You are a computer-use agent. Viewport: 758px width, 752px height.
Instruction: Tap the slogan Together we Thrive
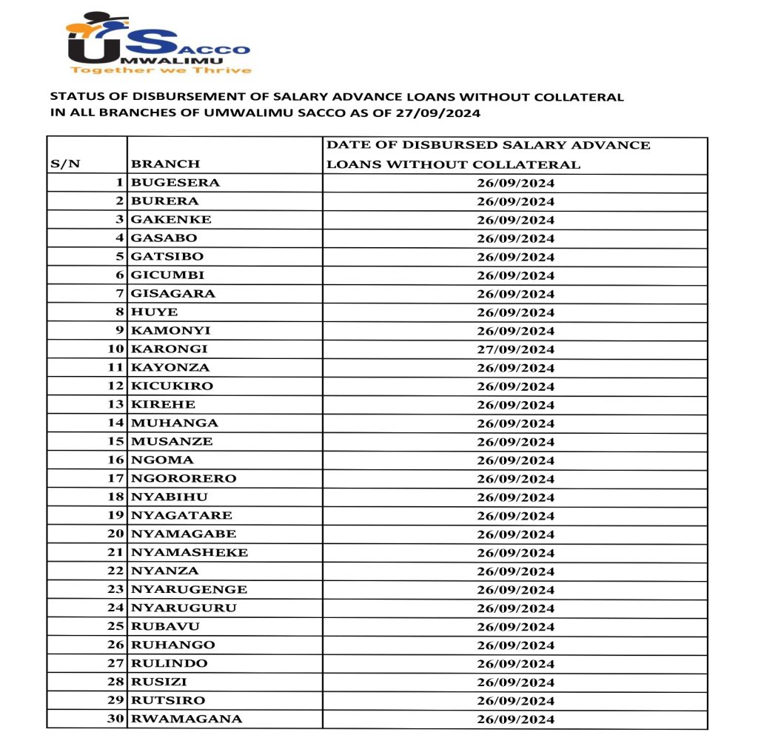click(x=161, y=70)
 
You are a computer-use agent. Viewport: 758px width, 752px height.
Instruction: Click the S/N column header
click(x=65, y=164)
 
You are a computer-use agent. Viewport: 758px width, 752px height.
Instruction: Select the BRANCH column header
click(x=165, y=164)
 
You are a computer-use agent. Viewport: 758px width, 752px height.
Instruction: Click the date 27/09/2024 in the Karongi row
click(x=515, y=349)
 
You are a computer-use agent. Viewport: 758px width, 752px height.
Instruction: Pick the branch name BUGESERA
click(x=175, y=182)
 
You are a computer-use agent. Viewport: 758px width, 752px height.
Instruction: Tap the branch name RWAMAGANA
click(x=186, y=719)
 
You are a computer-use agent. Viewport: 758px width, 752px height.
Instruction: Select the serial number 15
click(x=115, y=441)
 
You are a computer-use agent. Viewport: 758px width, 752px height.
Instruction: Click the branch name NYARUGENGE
click(x=189, y=589)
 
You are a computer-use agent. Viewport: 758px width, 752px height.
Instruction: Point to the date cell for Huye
click(x=515, y=312)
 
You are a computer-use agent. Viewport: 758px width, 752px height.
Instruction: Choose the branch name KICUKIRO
click(x=172, y=386)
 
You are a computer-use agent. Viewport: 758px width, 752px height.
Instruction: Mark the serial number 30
click(x=115, y=719)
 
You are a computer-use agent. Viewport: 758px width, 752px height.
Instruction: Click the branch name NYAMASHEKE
click(x=189, y=552)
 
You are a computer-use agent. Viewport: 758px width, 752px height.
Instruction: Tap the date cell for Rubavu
click(x=515, y=627)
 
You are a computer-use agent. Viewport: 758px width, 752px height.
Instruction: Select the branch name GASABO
click(x=164, y=238)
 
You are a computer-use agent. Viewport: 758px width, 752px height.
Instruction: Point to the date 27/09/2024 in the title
click(x=444, y=113)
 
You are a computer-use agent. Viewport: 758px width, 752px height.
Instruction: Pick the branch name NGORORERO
click(x=184, y=478)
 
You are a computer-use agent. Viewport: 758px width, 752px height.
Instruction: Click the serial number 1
click(x=119, y=182)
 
